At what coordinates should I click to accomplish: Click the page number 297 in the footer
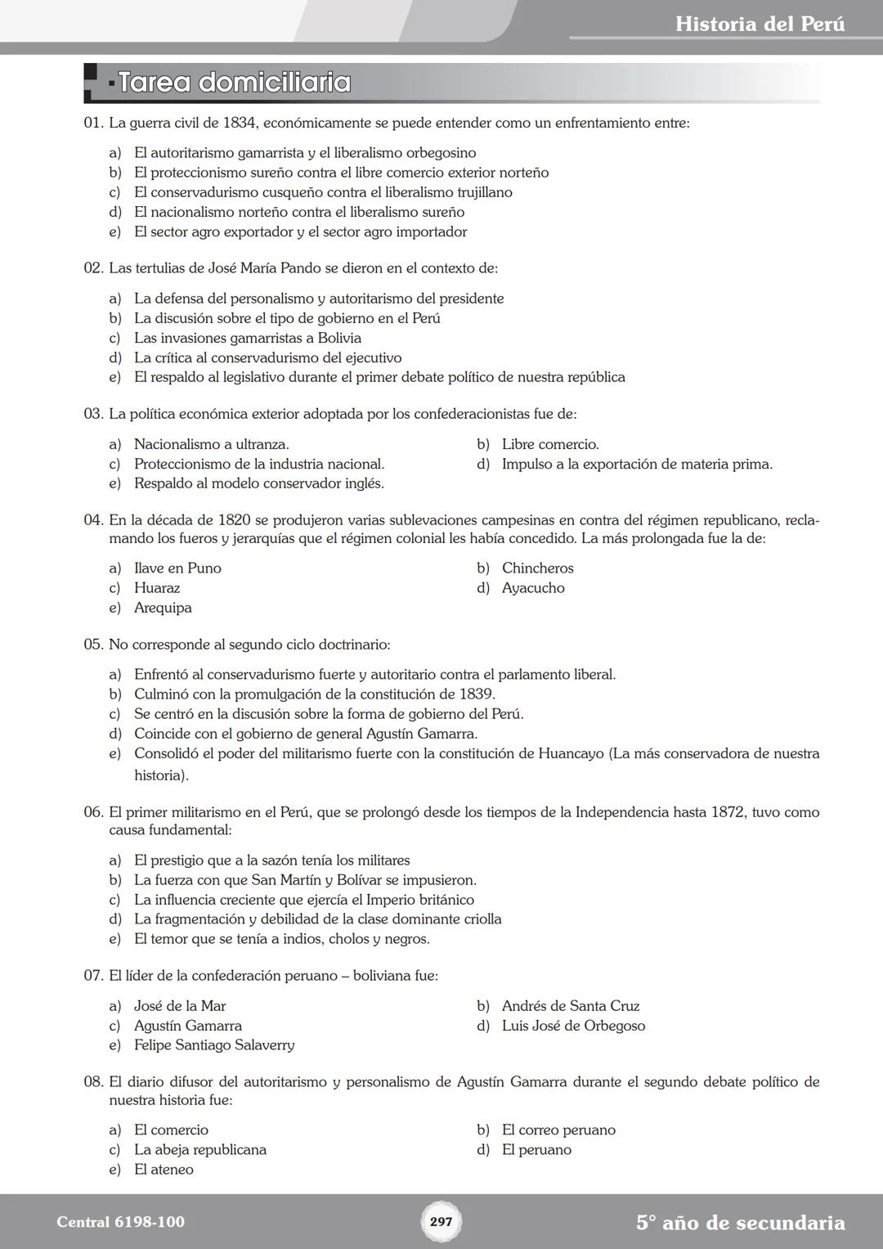441,1222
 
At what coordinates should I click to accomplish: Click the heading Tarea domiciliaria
235,83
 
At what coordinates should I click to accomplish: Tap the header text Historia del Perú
760,24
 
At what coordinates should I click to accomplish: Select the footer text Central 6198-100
120,1222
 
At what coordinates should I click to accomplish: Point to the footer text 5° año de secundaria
740,1223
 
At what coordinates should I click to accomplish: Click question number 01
93,124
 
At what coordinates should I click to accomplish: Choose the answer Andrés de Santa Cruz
570,1006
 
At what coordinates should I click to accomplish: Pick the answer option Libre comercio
549,444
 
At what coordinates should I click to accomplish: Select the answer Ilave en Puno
177,568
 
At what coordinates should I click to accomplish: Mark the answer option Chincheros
537,568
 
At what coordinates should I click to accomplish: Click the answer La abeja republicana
199,1150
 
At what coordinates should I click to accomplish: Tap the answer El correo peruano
558,1130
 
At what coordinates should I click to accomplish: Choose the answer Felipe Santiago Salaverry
214,1045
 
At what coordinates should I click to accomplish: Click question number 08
93,1082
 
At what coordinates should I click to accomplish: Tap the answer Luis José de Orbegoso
573,1026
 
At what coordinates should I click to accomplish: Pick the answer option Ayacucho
533,588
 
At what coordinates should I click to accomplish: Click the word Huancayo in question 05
571,753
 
